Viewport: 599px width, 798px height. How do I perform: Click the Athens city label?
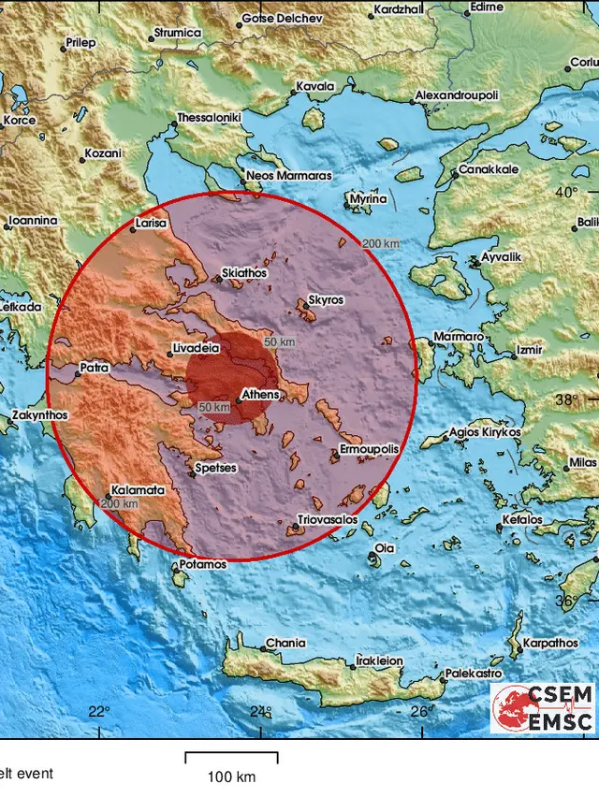(260, 395)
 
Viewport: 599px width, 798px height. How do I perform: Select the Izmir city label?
(529, 352)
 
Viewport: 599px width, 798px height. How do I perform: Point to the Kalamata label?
(138, 489)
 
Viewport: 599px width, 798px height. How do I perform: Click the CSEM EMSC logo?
(543, 707)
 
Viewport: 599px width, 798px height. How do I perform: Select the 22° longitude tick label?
(98, 712)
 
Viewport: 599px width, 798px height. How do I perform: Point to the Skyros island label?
(326, 300)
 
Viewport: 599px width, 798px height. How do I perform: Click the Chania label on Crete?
(285, 644)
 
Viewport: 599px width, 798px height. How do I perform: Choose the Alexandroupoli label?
(457, 96)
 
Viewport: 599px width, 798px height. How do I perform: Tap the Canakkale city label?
(488, 170)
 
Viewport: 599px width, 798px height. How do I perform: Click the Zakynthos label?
(39, 414)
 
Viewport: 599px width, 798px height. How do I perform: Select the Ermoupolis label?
(369, 450)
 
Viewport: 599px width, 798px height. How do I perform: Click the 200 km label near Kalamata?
(119, 504)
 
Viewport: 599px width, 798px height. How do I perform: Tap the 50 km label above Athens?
(278, 341)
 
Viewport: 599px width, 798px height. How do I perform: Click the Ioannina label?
(33, 221)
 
